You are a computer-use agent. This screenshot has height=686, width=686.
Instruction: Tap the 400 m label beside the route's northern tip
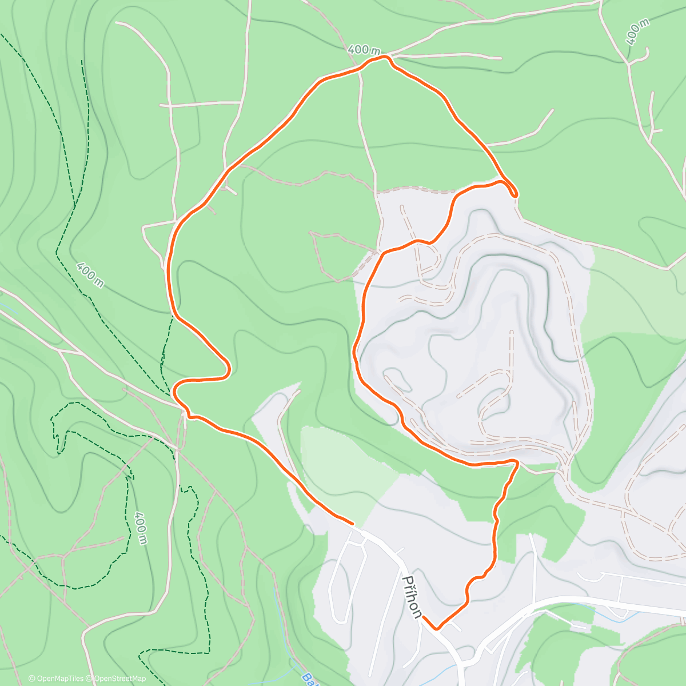point(364,50)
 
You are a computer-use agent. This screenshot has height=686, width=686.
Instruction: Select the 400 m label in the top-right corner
point(637,31)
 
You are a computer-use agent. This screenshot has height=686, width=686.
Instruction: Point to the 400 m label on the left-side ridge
point(90,275)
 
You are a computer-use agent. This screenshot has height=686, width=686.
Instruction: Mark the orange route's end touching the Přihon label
point(424,617)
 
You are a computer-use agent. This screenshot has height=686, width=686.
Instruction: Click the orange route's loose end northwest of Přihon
point(352,523)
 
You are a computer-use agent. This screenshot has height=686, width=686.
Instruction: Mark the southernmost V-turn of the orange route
point(437,628)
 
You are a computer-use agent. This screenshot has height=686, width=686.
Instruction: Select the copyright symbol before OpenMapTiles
point(31,679)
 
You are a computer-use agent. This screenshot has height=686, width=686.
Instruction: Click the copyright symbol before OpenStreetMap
point(90,679)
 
